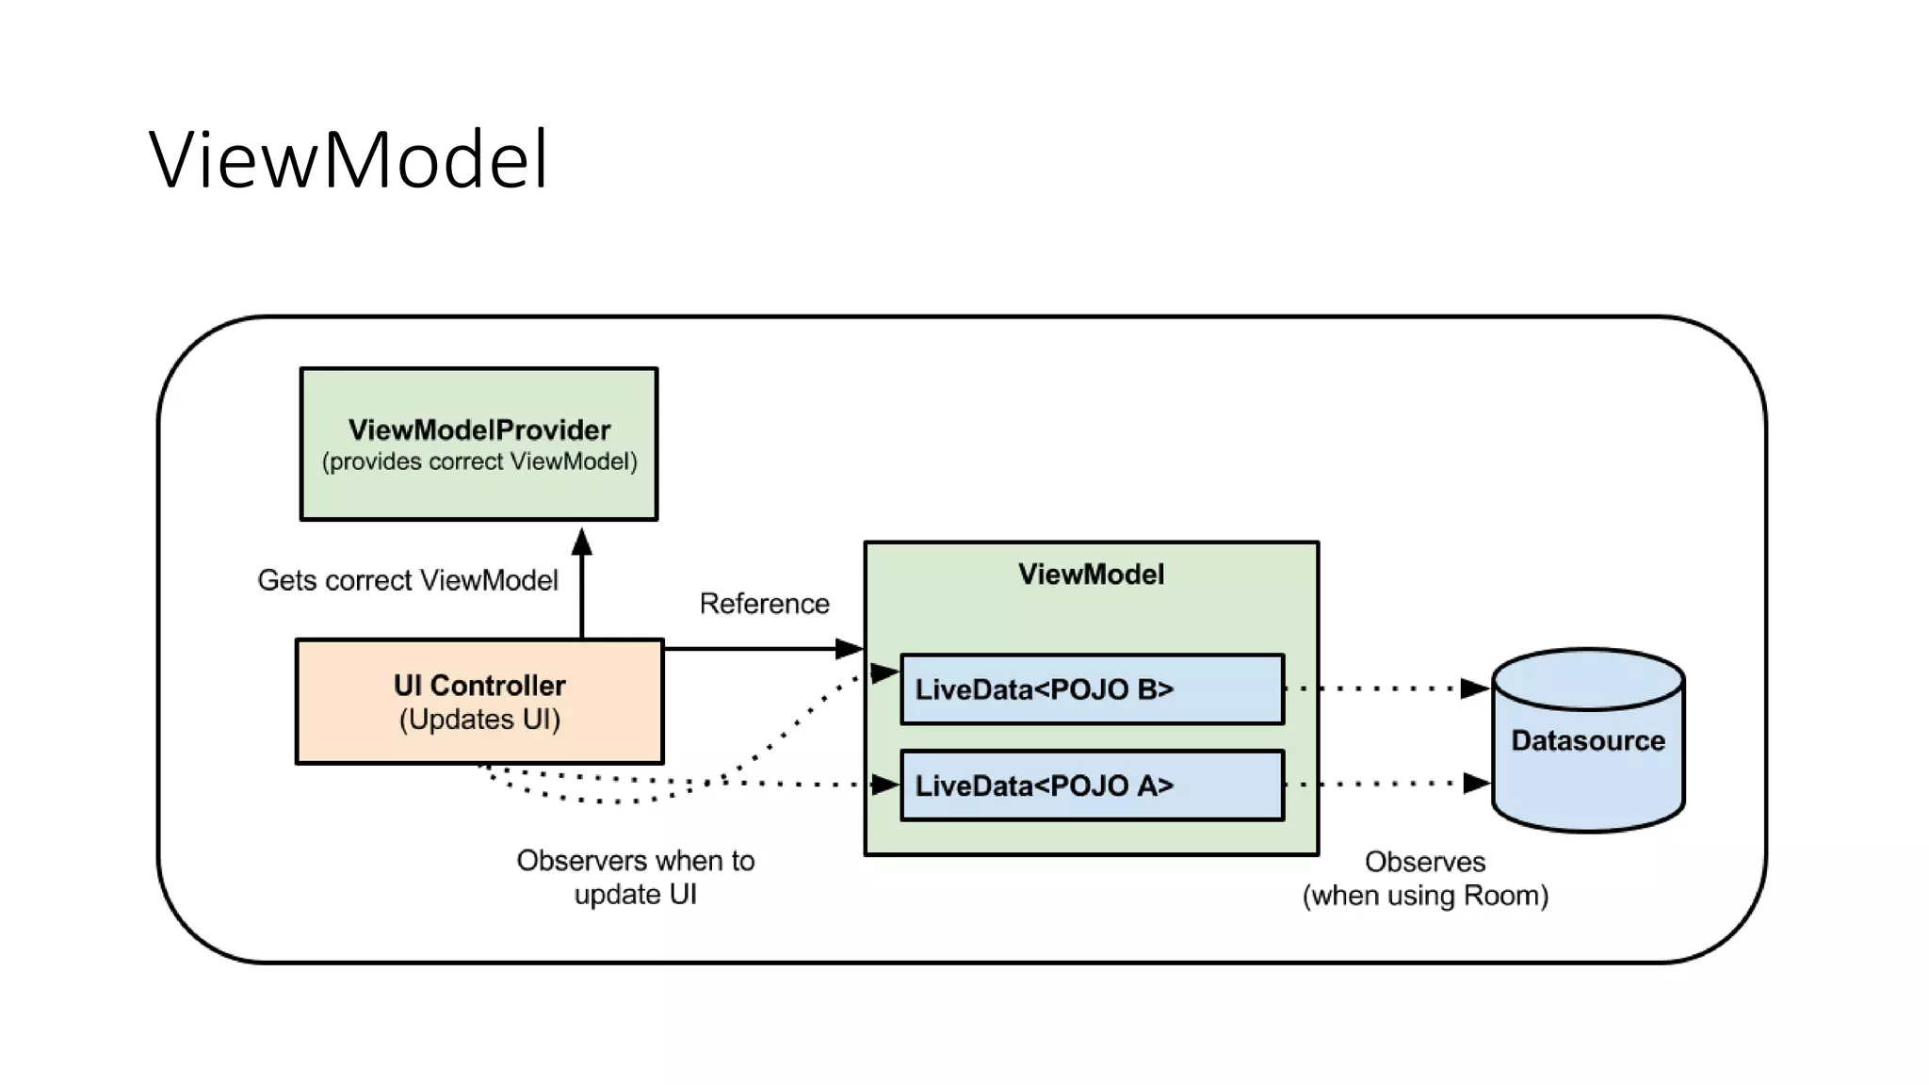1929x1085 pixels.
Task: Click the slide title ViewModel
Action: (x=349, y=160)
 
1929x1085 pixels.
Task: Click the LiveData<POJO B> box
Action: (x=1092, y=689)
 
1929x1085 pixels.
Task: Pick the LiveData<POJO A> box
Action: (x=1092, y=785)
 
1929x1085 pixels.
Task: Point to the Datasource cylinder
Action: (x=1588, y=741)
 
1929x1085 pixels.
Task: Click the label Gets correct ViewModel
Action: (x=408, y=580)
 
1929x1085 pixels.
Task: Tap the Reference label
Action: (x=764, y=604)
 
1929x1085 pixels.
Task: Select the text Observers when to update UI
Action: (x=636, y=877)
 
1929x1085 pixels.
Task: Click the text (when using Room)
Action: (x=1425, y=896)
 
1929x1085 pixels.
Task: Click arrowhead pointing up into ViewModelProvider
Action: (x=582, y=542)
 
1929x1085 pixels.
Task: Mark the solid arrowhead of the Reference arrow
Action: (x=850, y=648)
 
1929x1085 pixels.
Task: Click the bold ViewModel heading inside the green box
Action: (x=1091, y=575)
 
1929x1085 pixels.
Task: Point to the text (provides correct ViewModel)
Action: (x=479, y=462)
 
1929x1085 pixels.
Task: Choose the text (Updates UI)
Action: (x=479, y=720)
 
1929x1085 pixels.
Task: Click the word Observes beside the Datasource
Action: (x=1425, y=862)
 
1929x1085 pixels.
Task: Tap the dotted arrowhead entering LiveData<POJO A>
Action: (x=885, y=785)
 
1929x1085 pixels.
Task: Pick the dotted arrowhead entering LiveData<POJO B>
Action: (x=884, y=672)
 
